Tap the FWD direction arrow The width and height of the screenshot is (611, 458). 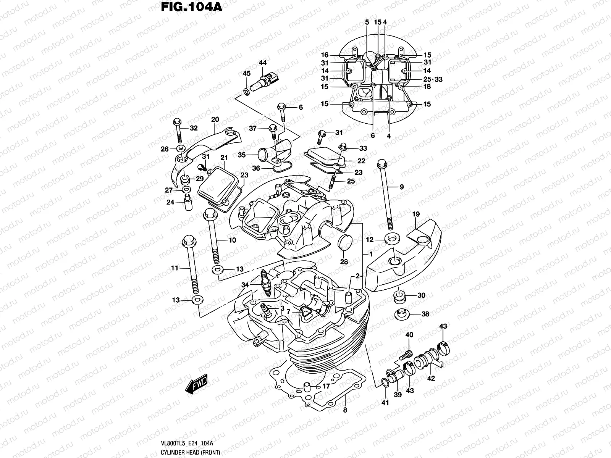tap(196, 383)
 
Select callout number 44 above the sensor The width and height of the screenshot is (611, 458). tap(262, 63)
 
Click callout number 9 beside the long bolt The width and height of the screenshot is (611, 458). tap(401, 187)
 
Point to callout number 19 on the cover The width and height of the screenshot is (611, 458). tap(416, 214)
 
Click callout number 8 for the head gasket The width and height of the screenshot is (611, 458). tap(345, 410)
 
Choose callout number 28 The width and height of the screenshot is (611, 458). tap(344, 261)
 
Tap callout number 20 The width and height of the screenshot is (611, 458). tap(215, 119)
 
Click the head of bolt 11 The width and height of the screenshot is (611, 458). tap(189, 240)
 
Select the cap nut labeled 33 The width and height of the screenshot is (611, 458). tap(343, 145)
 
